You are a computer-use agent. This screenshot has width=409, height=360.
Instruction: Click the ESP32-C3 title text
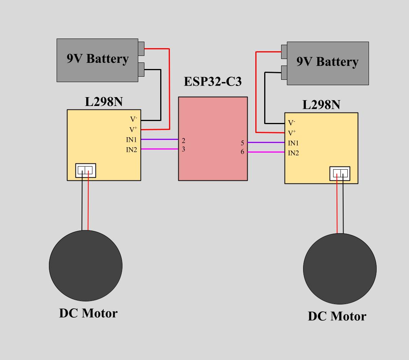213,82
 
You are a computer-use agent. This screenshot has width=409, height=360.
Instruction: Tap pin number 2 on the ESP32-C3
184,141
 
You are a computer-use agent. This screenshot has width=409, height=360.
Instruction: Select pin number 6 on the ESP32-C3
243,152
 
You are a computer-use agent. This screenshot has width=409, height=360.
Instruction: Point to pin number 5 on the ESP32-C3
243,143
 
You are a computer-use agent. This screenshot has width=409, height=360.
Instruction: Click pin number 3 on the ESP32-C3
184,149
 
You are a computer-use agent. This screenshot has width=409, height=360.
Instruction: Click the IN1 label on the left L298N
131,140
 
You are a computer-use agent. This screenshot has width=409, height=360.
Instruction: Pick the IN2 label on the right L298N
293,153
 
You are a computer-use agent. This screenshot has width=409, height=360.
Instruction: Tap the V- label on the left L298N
133,119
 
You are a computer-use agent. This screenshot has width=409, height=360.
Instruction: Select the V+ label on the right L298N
292,133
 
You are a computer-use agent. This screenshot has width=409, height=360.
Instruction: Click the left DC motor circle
85,266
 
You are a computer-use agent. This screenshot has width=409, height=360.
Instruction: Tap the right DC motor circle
339,269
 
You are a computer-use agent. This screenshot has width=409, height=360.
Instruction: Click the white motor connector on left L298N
85,170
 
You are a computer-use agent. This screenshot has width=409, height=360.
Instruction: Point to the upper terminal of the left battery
141,49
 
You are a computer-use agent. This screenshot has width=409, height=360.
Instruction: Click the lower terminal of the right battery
284,72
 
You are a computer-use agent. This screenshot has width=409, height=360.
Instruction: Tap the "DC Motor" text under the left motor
88,313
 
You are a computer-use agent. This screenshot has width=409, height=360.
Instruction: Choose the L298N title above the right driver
321,105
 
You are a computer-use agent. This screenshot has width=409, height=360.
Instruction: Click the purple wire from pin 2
159,139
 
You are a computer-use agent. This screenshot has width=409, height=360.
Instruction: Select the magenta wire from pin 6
266,152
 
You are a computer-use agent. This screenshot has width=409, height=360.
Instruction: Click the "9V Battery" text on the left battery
97,59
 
